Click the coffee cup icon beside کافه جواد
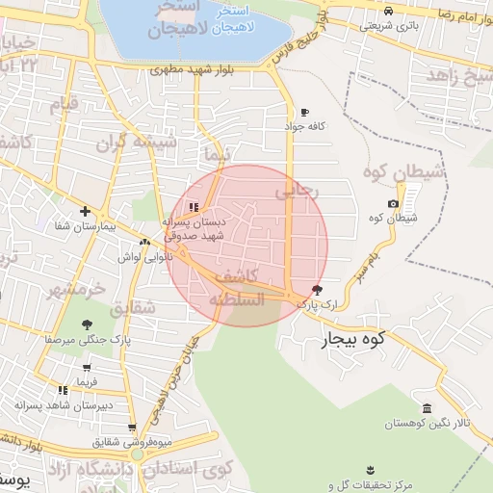coord(305,113)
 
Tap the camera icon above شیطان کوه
coord(393,203)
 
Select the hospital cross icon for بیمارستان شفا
coord(86,211)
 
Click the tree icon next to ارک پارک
coord(319,290)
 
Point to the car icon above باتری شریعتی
coord(388,11)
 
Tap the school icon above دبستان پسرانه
coord(194,206)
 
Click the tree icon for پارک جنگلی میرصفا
coord(88,324)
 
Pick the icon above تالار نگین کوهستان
coord(428,408)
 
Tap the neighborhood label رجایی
coord(296,192)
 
